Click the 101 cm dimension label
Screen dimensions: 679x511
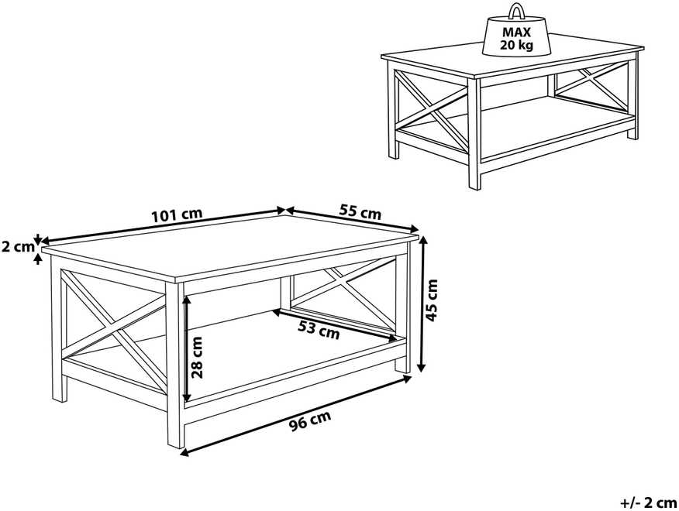[177, 215]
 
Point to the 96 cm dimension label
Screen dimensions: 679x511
[310, 420]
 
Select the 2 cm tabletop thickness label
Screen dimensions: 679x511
[17, 247]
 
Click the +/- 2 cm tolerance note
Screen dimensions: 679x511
[648, 502]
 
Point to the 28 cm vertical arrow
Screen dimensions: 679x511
[187, 348]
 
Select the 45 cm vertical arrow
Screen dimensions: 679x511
[422, 304]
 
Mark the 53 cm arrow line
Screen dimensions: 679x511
[335, 325]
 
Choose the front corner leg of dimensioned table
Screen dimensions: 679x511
[175, 365]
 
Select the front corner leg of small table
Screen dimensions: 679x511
[474, 133]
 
